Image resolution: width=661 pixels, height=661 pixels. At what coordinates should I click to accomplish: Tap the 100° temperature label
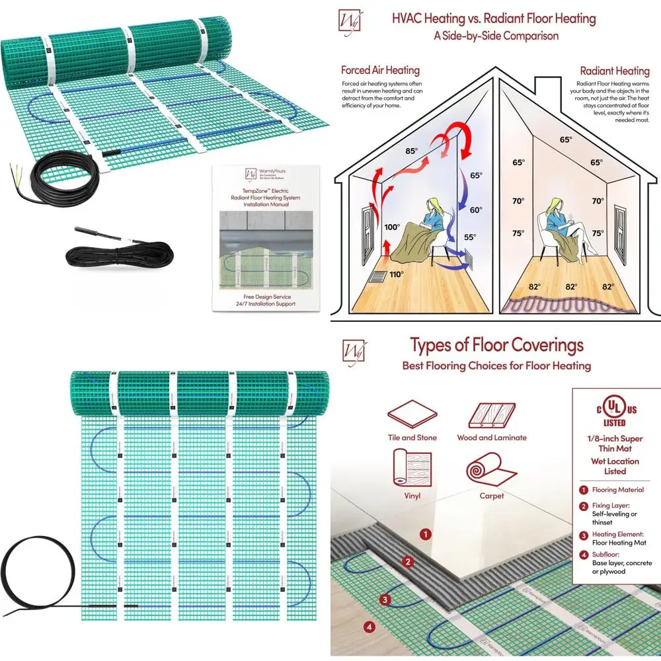tap(392, 227)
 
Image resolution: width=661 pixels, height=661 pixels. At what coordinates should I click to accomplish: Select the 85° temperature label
tap(411, 151)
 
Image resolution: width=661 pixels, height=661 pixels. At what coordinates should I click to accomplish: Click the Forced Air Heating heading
tap(380, 70)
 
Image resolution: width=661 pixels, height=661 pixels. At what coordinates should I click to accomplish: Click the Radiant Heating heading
tap(615, 71)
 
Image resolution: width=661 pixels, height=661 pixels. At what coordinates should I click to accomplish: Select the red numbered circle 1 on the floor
tap(427, 533)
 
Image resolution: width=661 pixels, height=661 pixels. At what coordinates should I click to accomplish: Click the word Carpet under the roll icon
tap(492, 496)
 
